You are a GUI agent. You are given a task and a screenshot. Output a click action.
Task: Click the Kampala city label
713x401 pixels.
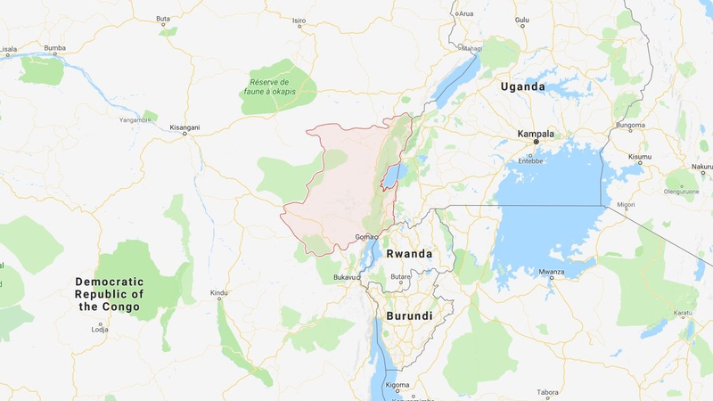pyautogui.click(x=536, y=134)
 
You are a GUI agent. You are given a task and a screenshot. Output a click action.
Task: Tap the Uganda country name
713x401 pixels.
pyautogui.click(x=522, y=86)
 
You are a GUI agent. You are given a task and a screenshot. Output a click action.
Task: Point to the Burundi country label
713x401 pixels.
pyautogui.click(x=409, y=316)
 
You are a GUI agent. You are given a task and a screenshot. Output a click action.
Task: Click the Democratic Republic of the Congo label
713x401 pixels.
pyautogui.click(x=108, y=294)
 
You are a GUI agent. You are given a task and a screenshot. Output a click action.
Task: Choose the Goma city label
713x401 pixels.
pyautogui.click(x=365, y=237)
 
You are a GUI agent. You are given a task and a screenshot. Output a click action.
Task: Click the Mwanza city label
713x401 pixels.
pyautogui.click(x=551, y=272)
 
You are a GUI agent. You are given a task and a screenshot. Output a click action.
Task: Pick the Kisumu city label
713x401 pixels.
pyautogui.click(x=640, y=157)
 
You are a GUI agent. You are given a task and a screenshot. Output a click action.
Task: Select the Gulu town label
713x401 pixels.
pyautogui.click(x=522, y=20)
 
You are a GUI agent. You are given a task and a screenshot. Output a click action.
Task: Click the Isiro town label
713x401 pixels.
pyautogui.click(x=299, y=20)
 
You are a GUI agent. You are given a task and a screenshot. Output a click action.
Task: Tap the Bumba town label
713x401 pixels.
pyautogui.click(x=55, y=47)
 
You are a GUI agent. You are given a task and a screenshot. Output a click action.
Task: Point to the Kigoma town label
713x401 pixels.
pyautogui.click(x=397, y=384)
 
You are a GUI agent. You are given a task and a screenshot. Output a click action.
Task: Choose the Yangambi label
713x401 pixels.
pyautogui.click(x=135, y=119)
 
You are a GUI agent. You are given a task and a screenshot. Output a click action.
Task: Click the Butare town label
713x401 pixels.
pyautogui.click(x=400, y=277)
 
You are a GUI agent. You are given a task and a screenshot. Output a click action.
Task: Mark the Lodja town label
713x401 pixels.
pyautogui.click(x=100, y=329)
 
